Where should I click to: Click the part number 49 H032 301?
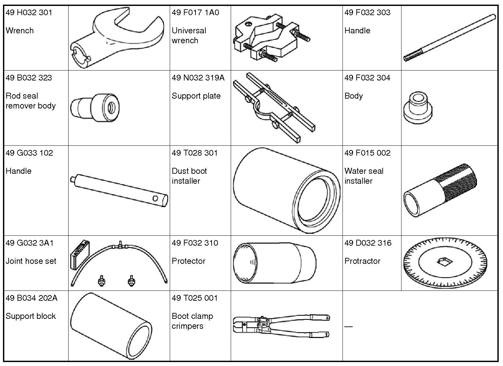point(29,13)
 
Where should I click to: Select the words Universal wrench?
point(189,36)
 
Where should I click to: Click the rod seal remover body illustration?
point(95,107)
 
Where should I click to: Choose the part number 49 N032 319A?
point(198,78)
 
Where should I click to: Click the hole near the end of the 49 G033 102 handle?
point(155,198)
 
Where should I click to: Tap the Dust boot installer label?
point(189,176)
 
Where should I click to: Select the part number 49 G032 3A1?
point(29,243)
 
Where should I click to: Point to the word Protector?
point(189,261)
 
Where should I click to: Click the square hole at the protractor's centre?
point(444,262)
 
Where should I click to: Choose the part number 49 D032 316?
point(368,243)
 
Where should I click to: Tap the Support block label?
point(31,316)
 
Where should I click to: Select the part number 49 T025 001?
point(194,298)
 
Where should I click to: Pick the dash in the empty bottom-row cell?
point(348,327)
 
